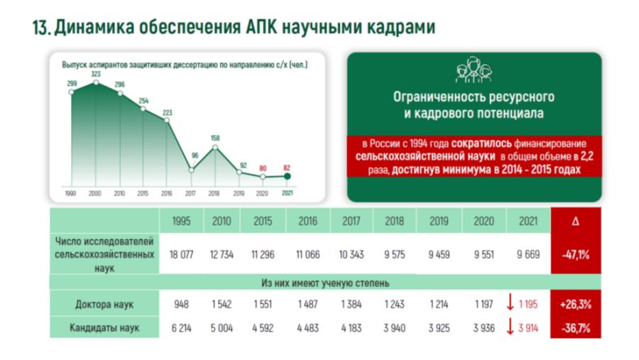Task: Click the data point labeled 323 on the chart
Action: point(96,83)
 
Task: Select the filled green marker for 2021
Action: point(288,177)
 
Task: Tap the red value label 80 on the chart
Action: point(263,168)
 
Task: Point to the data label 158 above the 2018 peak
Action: point(215,138)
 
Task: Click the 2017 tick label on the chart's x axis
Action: point(190,194)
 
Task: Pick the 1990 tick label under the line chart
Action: point(70,194)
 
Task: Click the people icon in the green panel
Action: point(474,70)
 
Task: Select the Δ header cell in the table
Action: point(575,221)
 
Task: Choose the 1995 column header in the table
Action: point(181,221)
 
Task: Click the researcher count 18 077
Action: point(181,255)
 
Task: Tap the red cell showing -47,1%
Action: point(575,255)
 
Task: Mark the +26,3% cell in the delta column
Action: point(575,305)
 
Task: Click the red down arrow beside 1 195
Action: point(510,303)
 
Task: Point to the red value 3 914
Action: point(528,328)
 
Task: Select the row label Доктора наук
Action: point(104,305)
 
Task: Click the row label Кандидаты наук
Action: point(104,328)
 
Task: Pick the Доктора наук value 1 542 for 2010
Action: point(222,305)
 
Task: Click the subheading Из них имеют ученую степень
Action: point(325,283)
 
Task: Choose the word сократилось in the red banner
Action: point(481,143)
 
